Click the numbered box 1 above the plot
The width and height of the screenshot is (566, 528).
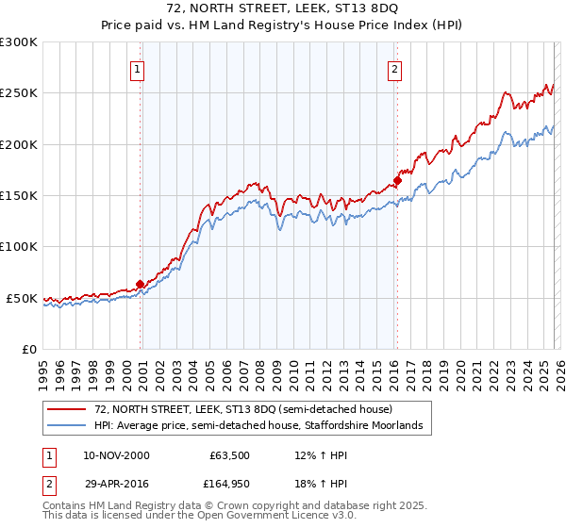[138, 69]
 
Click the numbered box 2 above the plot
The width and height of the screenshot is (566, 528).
[393, 69]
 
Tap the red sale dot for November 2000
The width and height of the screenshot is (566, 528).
[141, 284]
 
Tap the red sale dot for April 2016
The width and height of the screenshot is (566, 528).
[398, 180]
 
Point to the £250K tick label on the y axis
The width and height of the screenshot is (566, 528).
[19, 93]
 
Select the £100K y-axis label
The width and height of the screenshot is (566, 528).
[19, 247]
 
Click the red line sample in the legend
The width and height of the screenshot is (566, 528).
[68, 409]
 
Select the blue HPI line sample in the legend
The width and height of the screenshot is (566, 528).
[68, 426]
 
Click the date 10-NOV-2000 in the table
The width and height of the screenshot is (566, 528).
[116, 455]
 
